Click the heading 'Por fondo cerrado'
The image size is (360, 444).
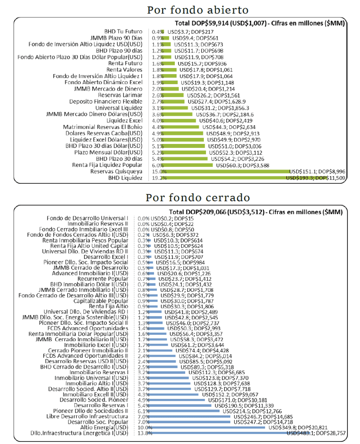198,197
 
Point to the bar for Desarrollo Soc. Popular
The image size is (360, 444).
191,421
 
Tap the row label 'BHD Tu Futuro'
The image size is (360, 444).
123,32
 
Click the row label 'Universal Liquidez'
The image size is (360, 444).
119,108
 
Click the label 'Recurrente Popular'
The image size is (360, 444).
102,278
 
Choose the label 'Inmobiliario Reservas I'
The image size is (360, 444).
99,372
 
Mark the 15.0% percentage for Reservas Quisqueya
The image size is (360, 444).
157,172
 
